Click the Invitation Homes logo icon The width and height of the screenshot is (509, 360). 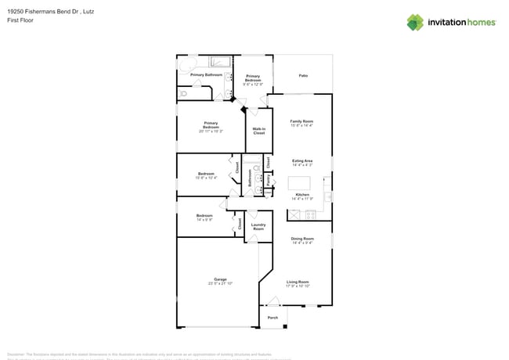tap(415, 22)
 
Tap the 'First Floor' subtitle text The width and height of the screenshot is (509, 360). tap(20, 20)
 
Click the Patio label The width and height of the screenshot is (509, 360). tap(302, 75)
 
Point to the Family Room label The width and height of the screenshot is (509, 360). tap(301, 121)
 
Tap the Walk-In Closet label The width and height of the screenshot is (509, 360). tap(259, 131)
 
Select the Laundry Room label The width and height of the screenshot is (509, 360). tap(258, 227)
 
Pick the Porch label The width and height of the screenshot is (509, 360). tap(273, 318)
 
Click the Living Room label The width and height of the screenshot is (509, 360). tap(298, 282)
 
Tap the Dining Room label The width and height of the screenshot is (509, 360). tap(302, 238)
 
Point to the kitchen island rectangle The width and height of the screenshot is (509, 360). tap(299, 183)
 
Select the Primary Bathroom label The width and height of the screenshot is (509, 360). tap(207, 75)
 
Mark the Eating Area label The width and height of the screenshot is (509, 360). tap(302, 160)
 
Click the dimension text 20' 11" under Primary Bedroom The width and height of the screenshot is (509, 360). tap(205, 131)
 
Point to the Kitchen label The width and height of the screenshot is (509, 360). tap(302, 194)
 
